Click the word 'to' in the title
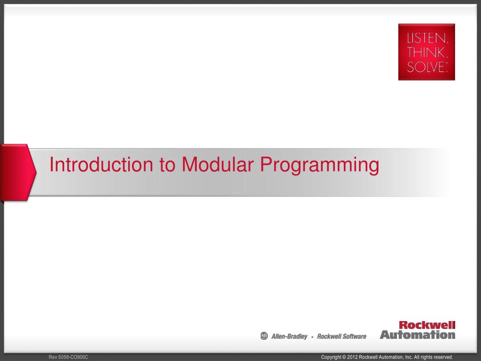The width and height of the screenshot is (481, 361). [x=168, y=165]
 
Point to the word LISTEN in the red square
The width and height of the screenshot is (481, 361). [x=427, y=39]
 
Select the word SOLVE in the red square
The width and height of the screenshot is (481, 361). [x=427, y=67]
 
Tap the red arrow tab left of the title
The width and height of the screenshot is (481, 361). [x=18, y=173]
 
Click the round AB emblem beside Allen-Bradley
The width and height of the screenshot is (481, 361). [x=264, y=336]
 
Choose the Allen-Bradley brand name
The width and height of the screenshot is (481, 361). [x=289, y=337]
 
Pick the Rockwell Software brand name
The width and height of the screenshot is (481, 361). [x=342, y=337]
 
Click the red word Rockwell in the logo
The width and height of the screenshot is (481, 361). [x=427, y=325]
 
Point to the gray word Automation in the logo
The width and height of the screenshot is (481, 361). [x=418, y=335]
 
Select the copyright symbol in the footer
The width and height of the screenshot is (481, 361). [x=344, y=357]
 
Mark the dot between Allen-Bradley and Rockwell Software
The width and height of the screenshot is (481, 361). [x=312, y=337]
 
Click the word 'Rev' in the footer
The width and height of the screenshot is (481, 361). [x=53, y=357]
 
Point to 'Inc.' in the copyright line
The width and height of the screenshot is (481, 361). [x=409, y=357]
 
